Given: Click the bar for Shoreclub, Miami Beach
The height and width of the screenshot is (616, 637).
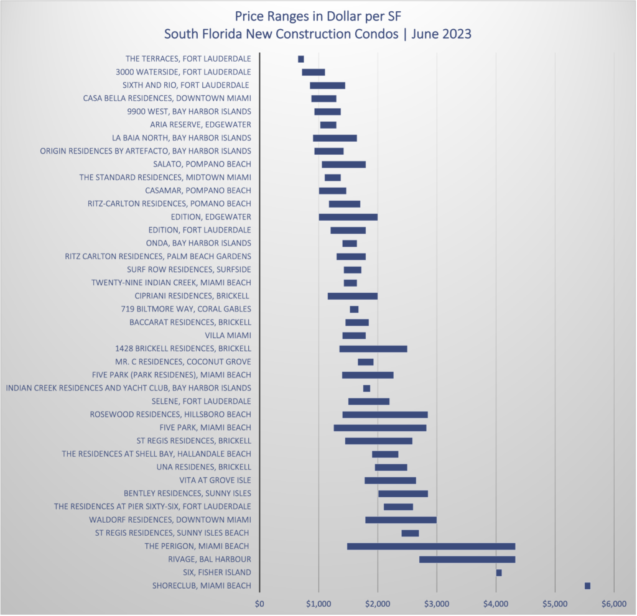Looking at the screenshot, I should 587,586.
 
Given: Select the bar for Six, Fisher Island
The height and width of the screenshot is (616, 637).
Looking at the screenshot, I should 499,572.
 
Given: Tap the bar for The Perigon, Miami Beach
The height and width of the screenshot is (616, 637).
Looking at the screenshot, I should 431,546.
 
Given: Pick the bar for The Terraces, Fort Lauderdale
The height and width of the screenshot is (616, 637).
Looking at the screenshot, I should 301,59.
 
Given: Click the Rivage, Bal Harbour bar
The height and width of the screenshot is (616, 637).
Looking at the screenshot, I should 467,559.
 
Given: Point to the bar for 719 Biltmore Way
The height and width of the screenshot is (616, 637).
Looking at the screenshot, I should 354,309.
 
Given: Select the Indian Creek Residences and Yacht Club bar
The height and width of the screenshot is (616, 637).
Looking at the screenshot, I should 366,388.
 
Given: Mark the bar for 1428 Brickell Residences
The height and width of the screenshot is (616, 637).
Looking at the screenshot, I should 373,349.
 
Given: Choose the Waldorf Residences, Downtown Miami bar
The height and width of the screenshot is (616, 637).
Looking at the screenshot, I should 401,520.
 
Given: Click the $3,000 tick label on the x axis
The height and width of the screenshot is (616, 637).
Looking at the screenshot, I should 436,602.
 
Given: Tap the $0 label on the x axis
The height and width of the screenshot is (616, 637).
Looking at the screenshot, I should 260,602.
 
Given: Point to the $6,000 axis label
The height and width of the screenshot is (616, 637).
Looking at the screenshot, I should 613,602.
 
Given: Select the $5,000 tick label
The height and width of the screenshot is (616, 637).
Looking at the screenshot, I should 554,602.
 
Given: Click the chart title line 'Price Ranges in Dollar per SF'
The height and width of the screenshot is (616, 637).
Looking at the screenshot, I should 318,15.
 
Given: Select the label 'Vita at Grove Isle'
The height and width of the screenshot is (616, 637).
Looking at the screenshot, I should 215,480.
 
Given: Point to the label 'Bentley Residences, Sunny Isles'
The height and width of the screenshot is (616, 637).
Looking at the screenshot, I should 187,494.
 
